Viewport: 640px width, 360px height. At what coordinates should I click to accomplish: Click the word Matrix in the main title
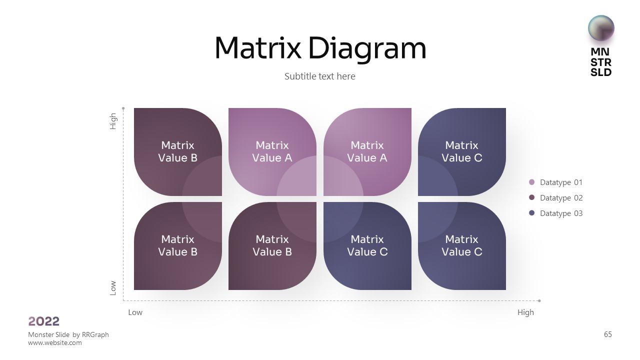[257, 48]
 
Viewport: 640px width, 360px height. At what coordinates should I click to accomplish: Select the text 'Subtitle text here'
[319, 76]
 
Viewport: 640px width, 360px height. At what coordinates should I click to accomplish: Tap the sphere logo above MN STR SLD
[601, 28]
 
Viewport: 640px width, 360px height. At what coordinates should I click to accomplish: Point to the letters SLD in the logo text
[601, 72]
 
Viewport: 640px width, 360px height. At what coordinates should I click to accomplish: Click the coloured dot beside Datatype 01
[531, 182]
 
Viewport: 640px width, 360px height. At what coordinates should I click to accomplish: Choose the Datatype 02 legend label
[561, 198]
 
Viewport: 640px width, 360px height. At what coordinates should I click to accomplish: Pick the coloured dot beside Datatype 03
[531, 213]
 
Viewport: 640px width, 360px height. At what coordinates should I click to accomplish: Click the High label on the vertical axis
[113, 121]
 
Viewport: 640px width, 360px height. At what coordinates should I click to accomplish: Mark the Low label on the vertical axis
[113, 287]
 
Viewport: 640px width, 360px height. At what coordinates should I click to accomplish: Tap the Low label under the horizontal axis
[135, 312]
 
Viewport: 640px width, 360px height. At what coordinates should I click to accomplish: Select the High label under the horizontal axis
[525, 312]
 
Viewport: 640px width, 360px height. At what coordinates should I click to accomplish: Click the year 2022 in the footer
[44, 321]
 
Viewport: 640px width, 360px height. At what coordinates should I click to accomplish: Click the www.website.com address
[55, 343]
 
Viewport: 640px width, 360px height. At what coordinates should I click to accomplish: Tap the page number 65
[608, 334]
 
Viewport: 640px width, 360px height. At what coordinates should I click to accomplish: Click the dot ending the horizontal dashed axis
[539, 301]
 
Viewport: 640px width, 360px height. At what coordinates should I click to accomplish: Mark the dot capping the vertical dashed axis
[123, 107]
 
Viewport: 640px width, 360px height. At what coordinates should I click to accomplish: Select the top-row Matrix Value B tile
[177, 151]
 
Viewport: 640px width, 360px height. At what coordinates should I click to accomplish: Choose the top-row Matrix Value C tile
[461, 151]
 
